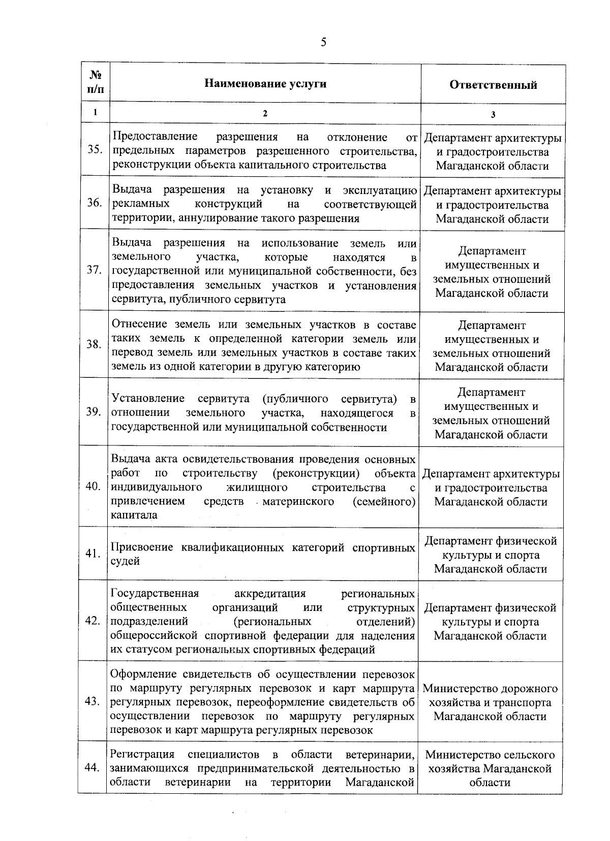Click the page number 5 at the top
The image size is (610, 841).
pyautogui.click(x=323, y=43)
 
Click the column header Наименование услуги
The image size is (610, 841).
pyautogui.click(x=265, y=84)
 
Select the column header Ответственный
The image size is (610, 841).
pyautogui.click(x=493, y=85)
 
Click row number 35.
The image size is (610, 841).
pyautogui.click(x=95, y=150)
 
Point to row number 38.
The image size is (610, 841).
pyautogui.click(x=94, y=344)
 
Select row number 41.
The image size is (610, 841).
pyautogui.click(x=93, y=554)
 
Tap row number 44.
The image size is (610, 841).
pyautogui.click(x=93, y=768)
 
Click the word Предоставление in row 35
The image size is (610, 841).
pyautogui.click(x=155, y=137)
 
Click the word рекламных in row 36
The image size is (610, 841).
pyautogui.click(x=140, y=204)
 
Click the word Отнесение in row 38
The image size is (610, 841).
pyautogui.click(x=139, y=325)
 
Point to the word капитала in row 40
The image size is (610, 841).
pyautogui.click(x=134, y=515)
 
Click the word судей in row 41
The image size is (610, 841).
pyautogui.click(x=125, y=561)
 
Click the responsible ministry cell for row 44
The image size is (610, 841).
pyautogui.click(x=490, y=768)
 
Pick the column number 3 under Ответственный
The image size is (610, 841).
pyautogui.click(x=493, y=114)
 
